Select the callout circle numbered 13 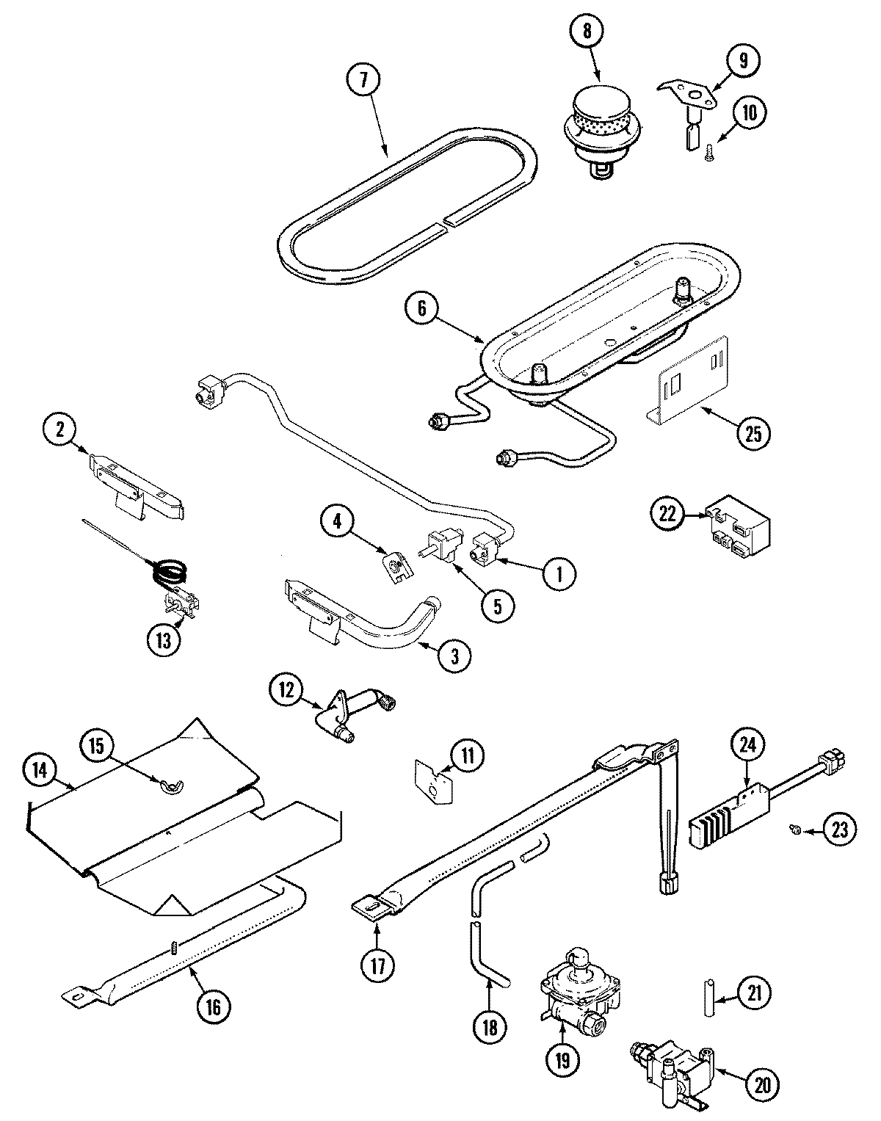click(x=163, y=639)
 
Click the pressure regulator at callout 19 click(x=572, y=993)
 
